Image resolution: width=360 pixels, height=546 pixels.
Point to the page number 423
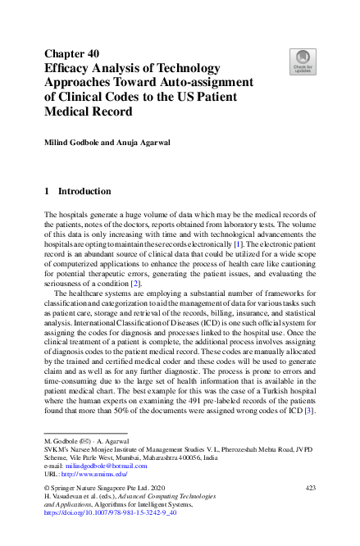(x=310, y=488)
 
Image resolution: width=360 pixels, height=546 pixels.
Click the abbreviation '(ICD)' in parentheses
(x=202, y=312)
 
